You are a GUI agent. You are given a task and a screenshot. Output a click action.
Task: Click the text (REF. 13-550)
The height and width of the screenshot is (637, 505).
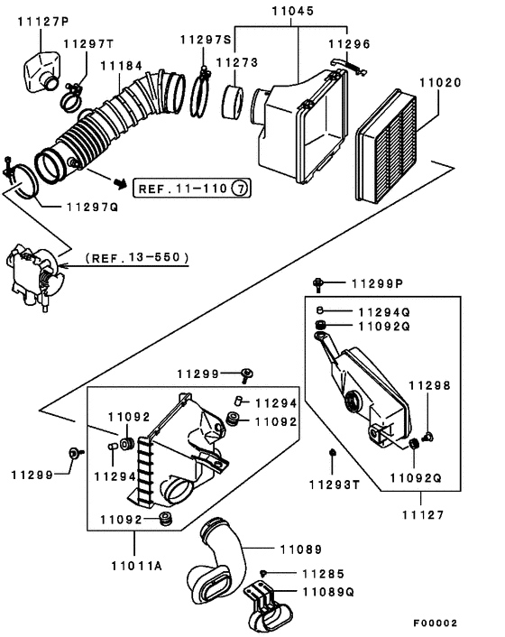[x=137, y=257]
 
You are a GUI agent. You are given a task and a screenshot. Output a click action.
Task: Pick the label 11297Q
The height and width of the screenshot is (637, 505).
[x=92, y=207]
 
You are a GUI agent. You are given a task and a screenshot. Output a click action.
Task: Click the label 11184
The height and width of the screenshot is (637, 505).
[x=122, y=66]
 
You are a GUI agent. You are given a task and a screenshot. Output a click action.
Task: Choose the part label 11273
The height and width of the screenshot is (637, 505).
[x=236, y=63]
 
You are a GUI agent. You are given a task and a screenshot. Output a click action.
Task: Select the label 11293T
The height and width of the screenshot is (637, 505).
[x=335, y=485]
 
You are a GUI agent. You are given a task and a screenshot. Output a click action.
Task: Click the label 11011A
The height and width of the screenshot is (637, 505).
[x=135, y=566]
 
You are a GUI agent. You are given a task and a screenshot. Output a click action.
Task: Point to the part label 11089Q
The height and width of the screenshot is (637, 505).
[x=328, y=593]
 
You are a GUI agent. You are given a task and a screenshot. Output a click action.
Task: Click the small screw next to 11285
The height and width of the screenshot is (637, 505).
[x=262, y=573]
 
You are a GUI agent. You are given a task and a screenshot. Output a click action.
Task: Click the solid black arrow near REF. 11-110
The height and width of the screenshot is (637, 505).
[x=117, y=182]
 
